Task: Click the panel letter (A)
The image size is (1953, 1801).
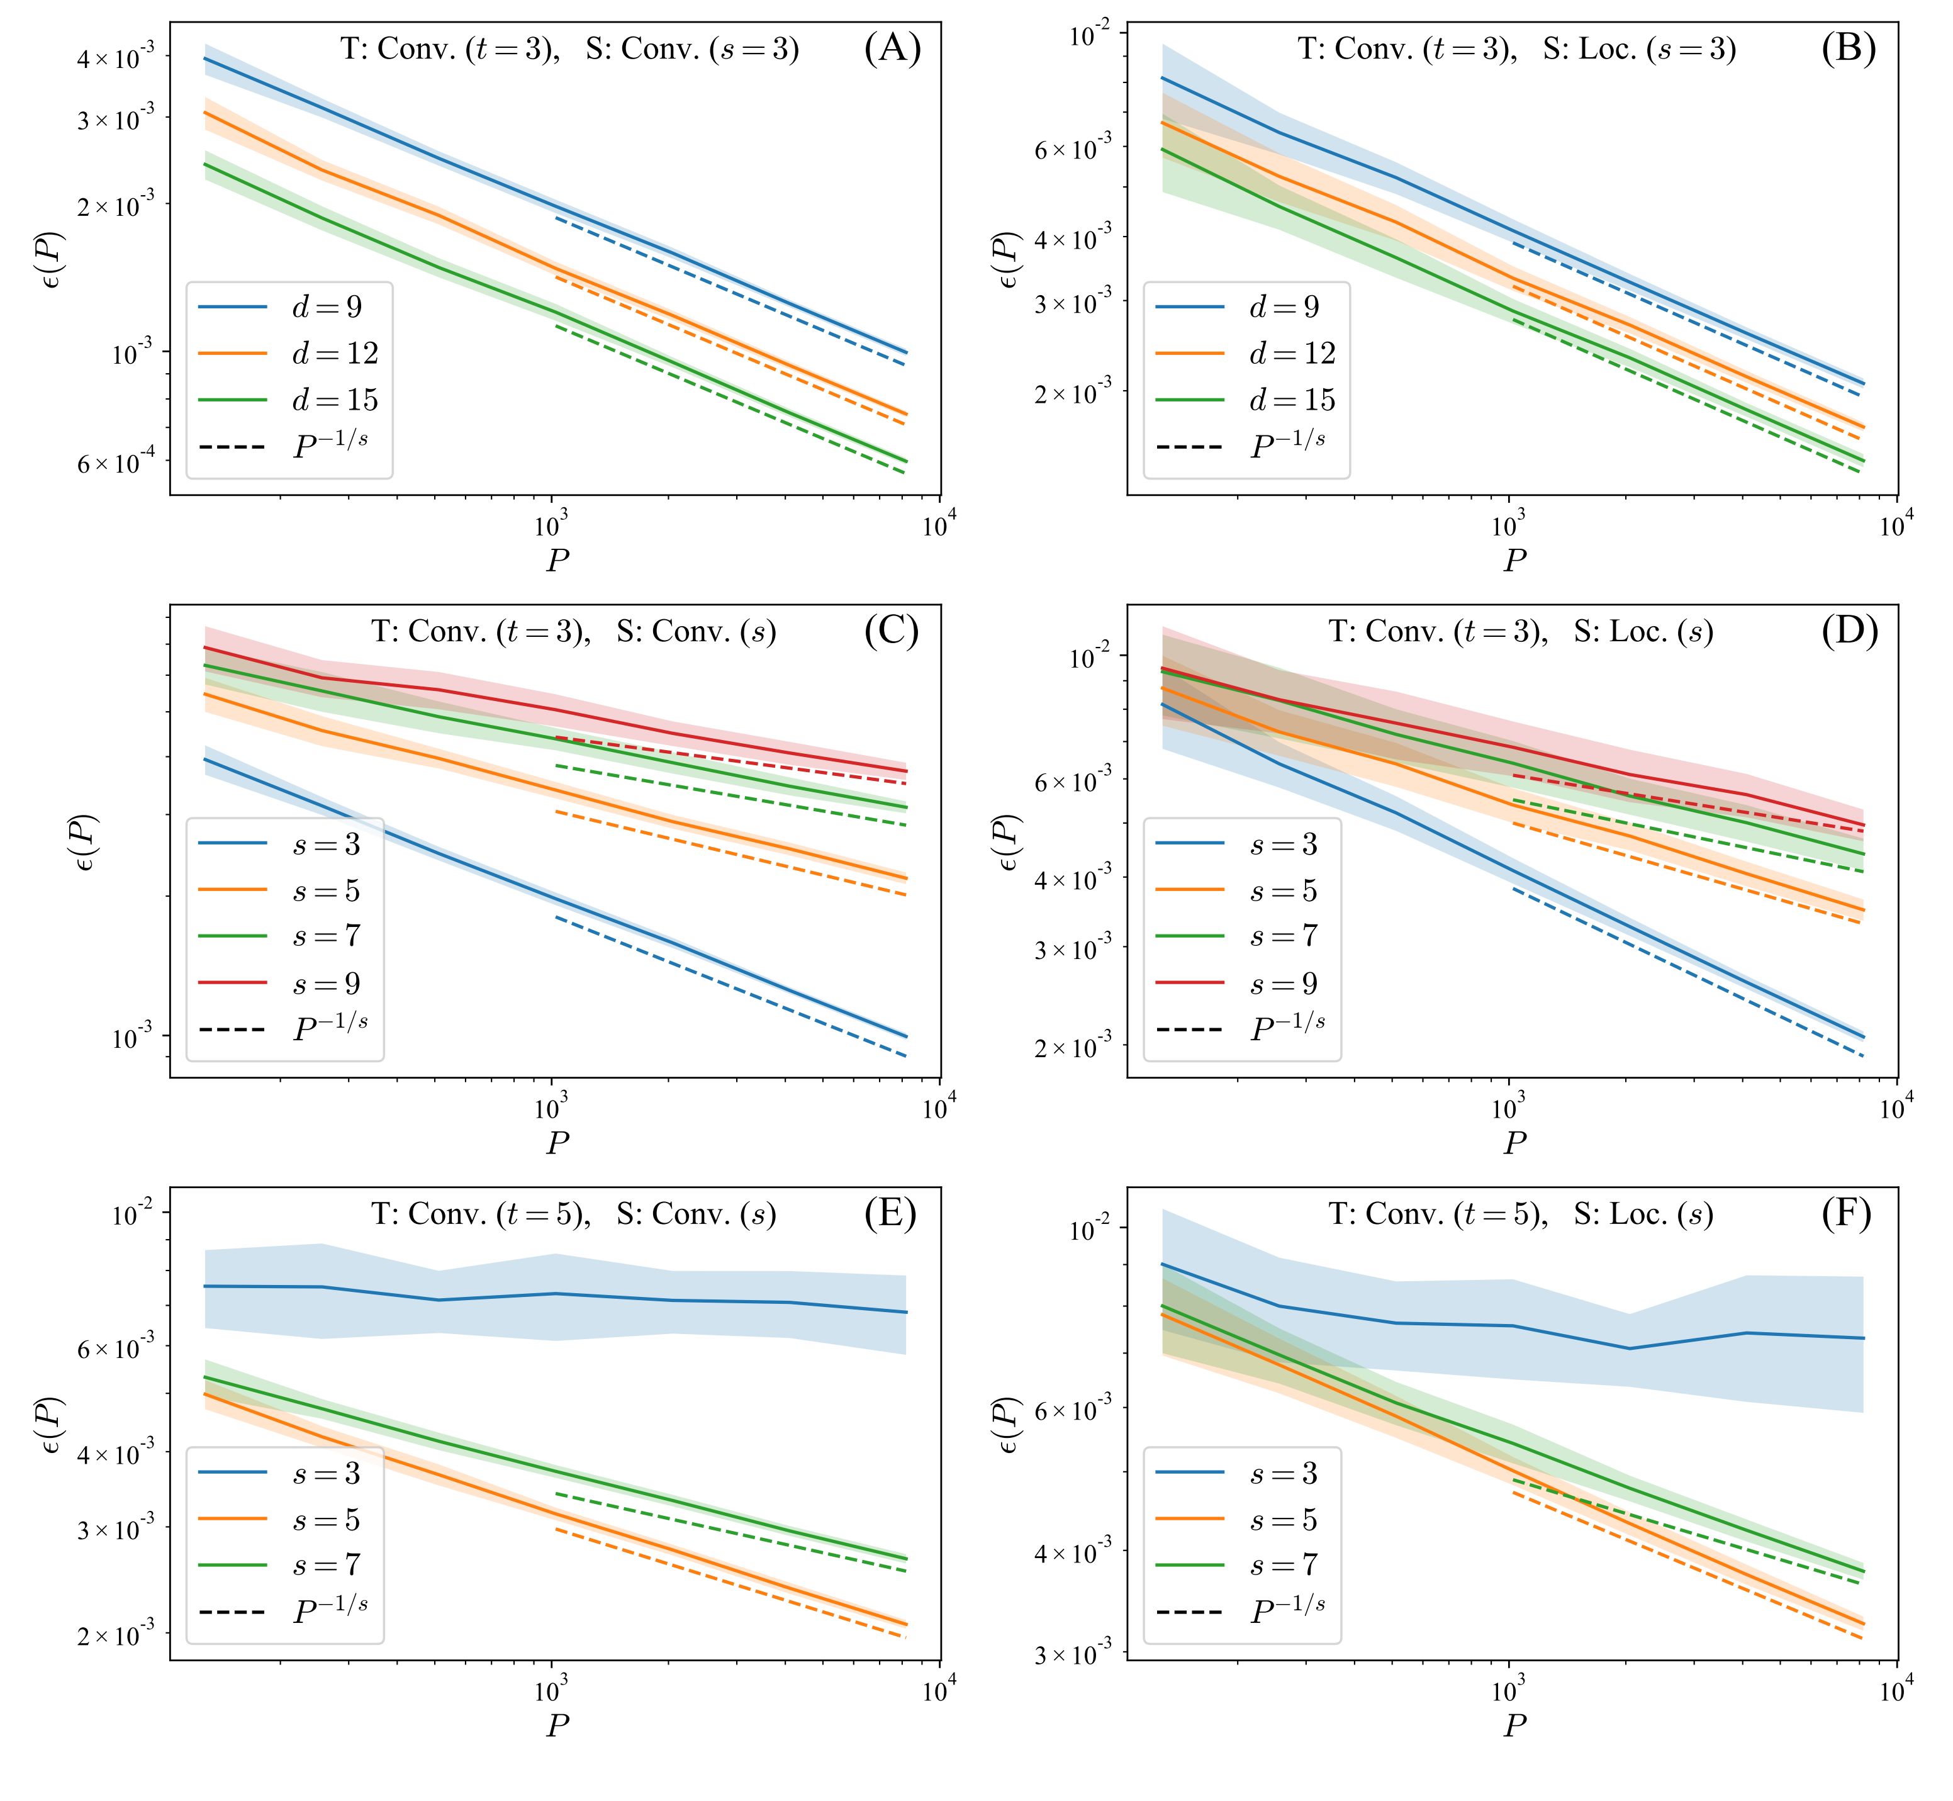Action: (x=892, y=48)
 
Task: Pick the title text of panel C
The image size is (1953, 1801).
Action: (x=573, y=632)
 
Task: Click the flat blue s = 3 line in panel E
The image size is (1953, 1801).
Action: (x=556, y=1294)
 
